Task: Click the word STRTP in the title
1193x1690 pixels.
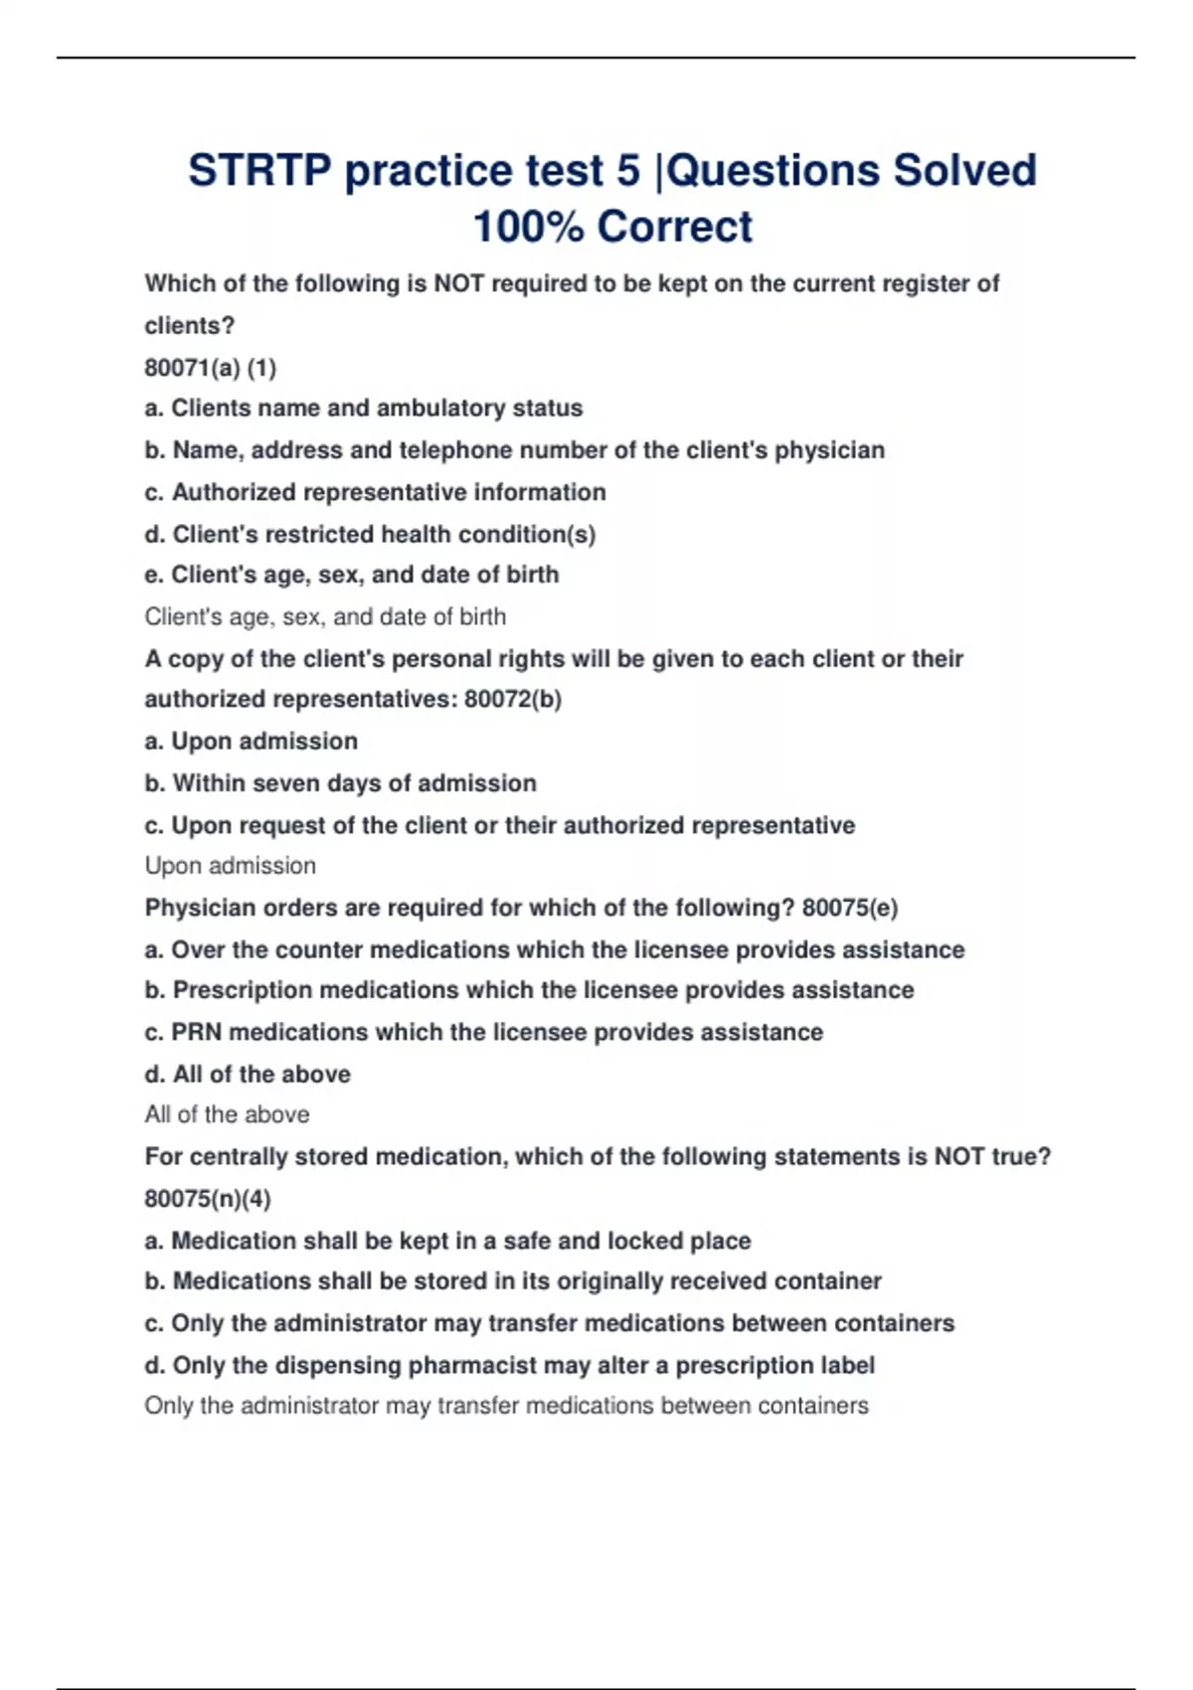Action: (258, 171)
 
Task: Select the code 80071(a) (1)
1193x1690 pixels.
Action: (210, 368)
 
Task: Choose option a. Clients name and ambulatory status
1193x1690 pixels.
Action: (364, 409)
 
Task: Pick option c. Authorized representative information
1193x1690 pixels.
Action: (375, 492)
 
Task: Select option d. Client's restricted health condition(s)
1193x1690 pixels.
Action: (370, 534)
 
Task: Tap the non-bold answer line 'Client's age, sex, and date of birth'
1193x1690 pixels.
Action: (325, 616)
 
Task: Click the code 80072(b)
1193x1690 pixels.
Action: (512, 700)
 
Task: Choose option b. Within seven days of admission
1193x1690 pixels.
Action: (340, 783)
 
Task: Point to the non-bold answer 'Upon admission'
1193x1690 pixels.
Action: (231, 866)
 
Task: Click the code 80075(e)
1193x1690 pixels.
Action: (849, 908)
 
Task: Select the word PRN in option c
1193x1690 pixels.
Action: (196, 1032)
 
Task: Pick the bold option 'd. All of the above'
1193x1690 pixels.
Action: (248, 1074)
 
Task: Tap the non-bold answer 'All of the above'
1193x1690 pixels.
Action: (227, 1114)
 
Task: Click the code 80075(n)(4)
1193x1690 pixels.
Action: (207, 1198)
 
